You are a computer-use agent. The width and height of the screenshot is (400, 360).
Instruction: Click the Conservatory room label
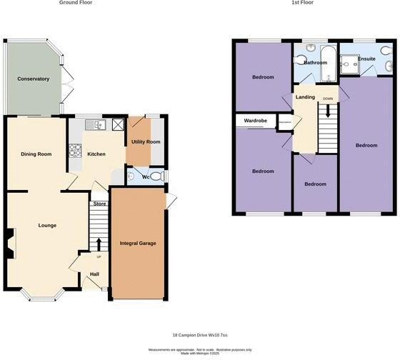pyautogui.click(x=34, y=79)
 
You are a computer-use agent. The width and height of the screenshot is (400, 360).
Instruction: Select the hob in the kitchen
pyautogui.click(x=74, y=151)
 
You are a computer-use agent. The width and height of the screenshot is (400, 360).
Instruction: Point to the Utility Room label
pyautogui.click(x=145, y=141)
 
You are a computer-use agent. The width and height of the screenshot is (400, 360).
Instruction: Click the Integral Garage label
pyautogui.click(x=138, y=243)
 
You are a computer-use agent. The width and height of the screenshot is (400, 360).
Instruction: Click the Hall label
pyautogui.click(x=94, y=274)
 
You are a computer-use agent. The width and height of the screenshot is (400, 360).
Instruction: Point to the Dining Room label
pyautogui.click(x=36, y=154)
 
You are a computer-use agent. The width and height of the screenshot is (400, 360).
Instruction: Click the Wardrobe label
pyautogui.click(x=255, y=121)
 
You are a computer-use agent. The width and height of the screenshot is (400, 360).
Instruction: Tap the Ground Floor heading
pyautogui.click(x=75, y=3)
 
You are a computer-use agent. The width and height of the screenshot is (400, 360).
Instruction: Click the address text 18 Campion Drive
pyautogui.click(x=200, y=334)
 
